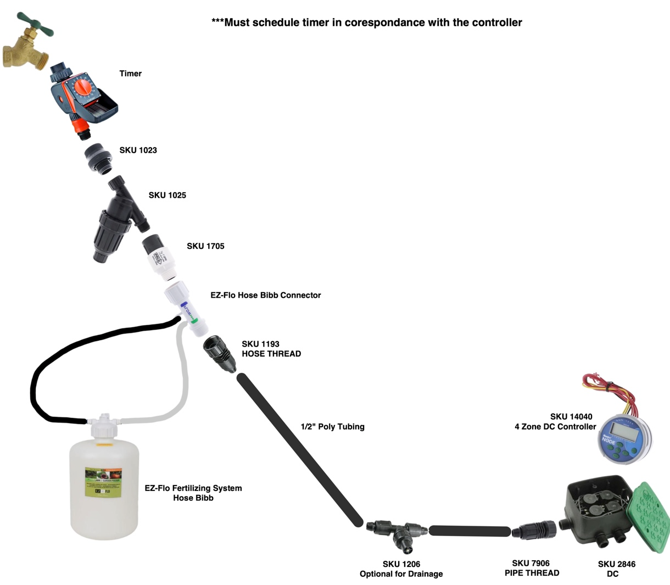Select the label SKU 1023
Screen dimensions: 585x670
pyautogui.click(x=138, y=150)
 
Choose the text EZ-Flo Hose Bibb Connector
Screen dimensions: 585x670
pyautogui.click(x=265, y=295)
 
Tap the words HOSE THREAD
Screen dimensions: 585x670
pyautogui.click(x=271, y=354)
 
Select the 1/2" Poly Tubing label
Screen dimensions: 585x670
pyautogui.click(x=332, y=426)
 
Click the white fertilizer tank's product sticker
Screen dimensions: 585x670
pyautogui.click(x=103, y=482)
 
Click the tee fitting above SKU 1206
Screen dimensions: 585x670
pyautogui.click(x=398, y=533)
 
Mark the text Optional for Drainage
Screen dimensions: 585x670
pyautogui.click(x=401, y=574)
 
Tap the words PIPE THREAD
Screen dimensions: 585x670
pyautogui.click(x=532, y=573)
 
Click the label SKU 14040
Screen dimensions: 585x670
pyautogui.click(x=571, y=416)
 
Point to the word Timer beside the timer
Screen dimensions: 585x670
pyautogui.click(x=131, y=73)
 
